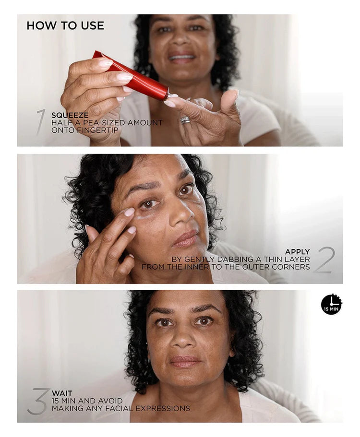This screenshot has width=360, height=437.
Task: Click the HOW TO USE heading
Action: click(x=65, y=25)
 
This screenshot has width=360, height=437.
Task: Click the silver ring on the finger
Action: click(x=185, y=120)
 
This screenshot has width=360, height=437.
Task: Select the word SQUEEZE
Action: click(x=70, y=115)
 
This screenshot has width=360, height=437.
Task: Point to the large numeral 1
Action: click(x=40, y=122)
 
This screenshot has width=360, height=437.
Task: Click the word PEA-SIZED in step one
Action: click(x=106, y=123)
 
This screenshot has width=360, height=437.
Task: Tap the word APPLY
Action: click(x=297, y=252)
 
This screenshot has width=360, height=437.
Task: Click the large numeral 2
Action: click(x=324, y=260)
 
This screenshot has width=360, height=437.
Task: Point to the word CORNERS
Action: click(x=290, y=267)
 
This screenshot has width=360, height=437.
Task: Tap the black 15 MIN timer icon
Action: click(x=331, y=304)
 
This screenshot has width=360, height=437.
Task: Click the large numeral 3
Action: click(x=38, y=401)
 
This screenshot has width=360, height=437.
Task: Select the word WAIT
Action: click(x=62, y=393)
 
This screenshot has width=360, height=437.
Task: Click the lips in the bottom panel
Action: click(x=185, y=362)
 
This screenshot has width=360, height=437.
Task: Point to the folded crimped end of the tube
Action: click(x=97, y=55)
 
